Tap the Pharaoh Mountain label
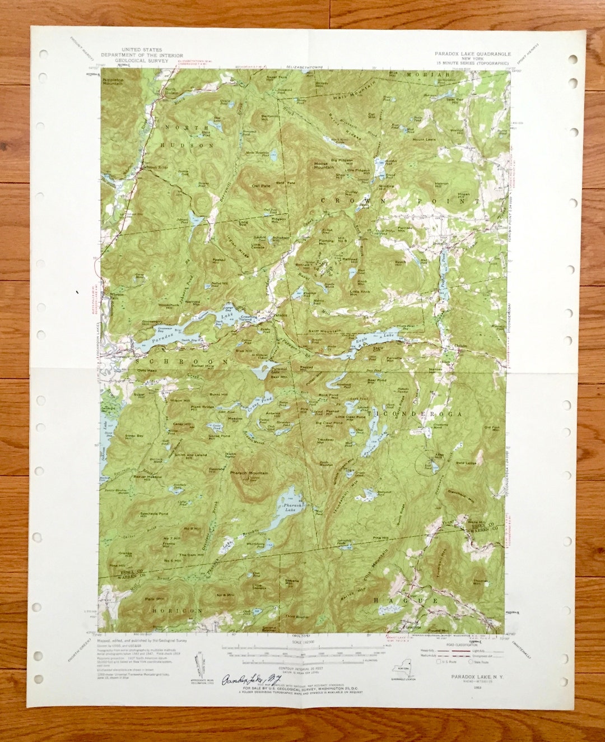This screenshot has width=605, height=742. coord(249,473)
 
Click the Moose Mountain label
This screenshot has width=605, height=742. coord(324,165)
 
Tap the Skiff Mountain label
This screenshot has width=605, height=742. coord(325,331)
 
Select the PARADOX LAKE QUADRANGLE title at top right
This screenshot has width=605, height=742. coord(472,54)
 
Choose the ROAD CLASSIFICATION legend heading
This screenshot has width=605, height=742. coord(448,644)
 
